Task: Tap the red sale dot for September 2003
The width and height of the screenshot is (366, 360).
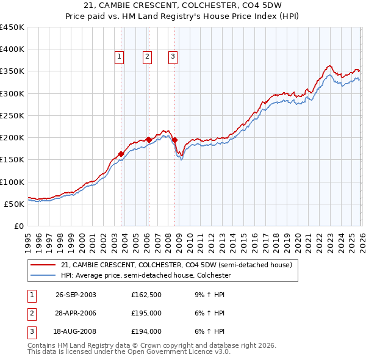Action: pyautogui.click(x=121, y=154)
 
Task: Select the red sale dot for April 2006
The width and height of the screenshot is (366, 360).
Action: pyautogui.click(x=148, y=139)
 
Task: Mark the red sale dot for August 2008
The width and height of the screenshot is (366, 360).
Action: pyautogui.click(x=174, y=140)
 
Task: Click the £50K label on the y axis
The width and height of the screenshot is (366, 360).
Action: pyautogui.click(x=15, y=204)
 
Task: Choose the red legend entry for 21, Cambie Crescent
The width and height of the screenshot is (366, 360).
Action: pyautogui.click(x=177, y=265)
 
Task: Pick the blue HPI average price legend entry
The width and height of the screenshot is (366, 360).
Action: pyautogui.click(x=146, y=275)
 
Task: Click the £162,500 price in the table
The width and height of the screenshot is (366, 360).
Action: pyautogui.click(x=146, y=294)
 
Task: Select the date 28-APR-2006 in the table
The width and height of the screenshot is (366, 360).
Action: pyautogui.click(x=76, y=313)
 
